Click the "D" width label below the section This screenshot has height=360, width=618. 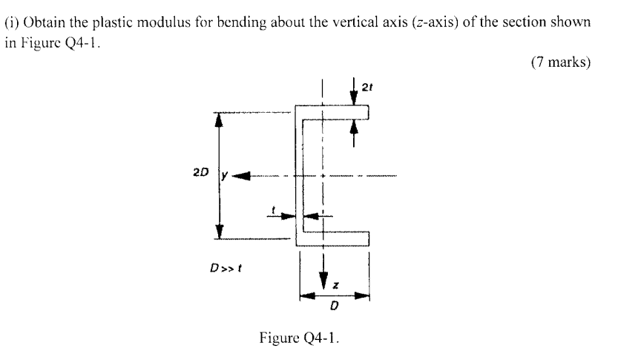click(x=335, y=306)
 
